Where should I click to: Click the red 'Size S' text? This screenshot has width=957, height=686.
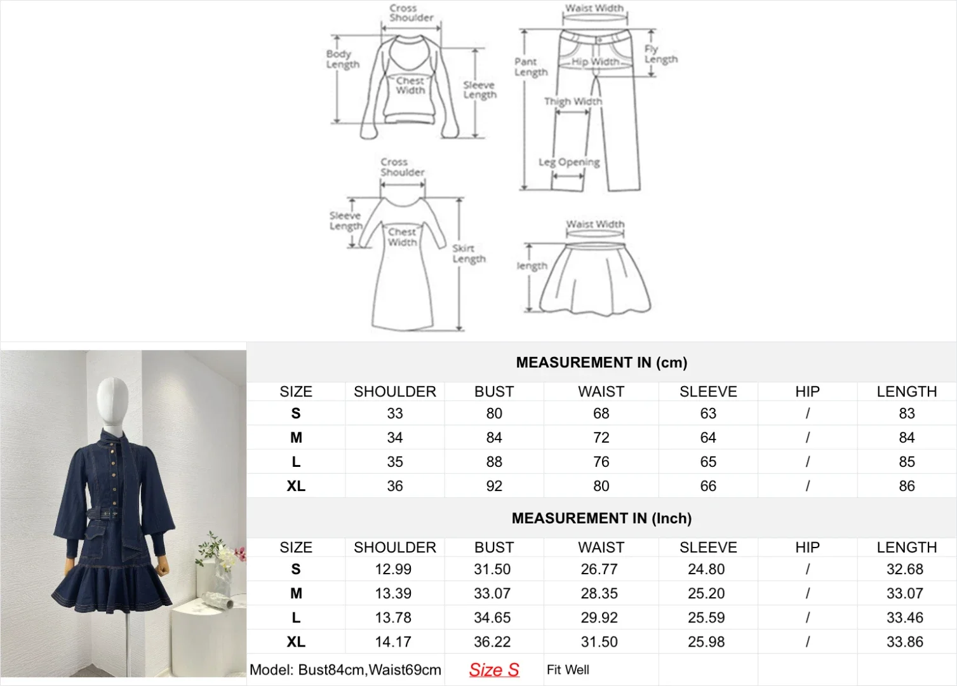[493, 670]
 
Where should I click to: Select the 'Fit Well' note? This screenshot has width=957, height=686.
[568, 670]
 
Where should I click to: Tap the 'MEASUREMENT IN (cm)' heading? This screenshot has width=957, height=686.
[601, 363]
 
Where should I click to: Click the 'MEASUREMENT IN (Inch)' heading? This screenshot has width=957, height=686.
[601, 518]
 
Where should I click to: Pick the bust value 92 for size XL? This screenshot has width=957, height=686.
[494, 487]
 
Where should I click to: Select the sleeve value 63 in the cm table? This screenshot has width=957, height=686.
[708, 414]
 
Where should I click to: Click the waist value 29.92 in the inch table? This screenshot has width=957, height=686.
[599, 618]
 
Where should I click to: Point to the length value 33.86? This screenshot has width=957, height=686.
[905, 642]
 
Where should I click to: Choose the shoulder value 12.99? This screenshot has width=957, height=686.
[393, 570]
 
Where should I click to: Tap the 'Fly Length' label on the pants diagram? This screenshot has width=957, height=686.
[660, 55]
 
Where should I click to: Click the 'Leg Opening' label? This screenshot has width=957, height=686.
[569, 162]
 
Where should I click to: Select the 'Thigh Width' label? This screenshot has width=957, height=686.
[573, 102]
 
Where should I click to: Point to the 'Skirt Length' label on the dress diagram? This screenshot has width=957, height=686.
[469, 253]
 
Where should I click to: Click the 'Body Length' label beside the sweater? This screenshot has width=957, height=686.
[343, 59]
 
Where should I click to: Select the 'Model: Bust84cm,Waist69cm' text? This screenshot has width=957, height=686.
[345, 670]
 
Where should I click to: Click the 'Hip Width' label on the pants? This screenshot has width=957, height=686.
[595, 62]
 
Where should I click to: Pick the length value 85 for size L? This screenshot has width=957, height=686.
[906, 462]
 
